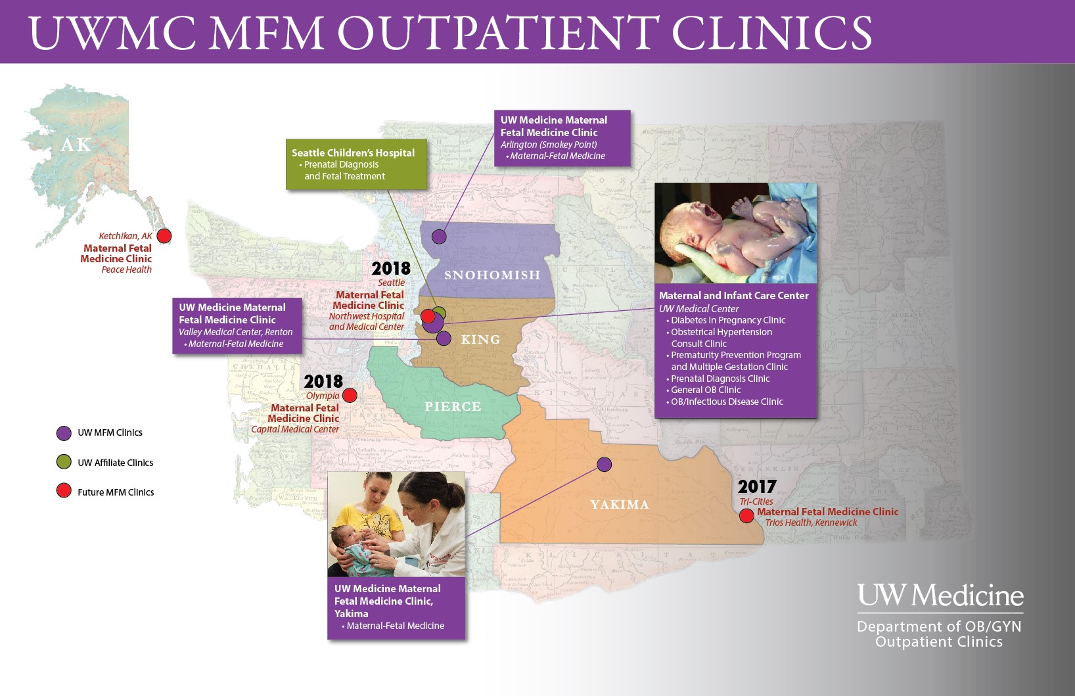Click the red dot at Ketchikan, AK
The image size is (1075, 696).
(164, 235)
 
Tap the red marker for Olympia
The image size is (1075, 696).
(350, 395)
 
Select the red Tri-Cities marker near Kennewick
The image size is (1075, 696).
(746, 516)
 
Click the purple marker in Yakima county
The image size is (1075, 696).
(605, 465)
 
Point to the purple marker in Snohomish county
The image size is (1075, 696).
(439, 237)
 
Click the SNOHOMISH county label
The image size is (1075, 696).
(492, 275)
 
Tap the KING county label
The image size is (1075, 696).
(480, 339)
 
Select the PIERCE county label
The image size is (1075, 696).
(453, 406)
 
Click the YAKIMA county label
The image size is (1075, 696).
(619, 504)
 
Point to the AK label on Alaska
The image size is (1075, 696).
(76, 145)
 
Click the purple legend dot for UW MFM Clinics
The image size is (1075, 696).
(64, 433)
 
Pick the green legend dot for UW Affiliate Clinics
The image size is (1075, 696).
(64, 462)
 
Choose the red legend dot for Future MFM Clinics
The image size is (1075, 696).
(64, 491)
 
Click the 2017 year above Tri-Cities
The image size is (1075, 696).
(757, 486)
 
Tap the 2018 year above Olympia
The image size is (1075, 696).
(323, 381)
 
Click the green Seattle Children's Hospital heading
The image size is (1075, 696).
(353, 152)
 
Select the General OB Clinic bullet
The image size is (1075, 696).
(705, 390)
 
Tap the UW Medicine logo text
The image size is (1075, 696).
(940, 595)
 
